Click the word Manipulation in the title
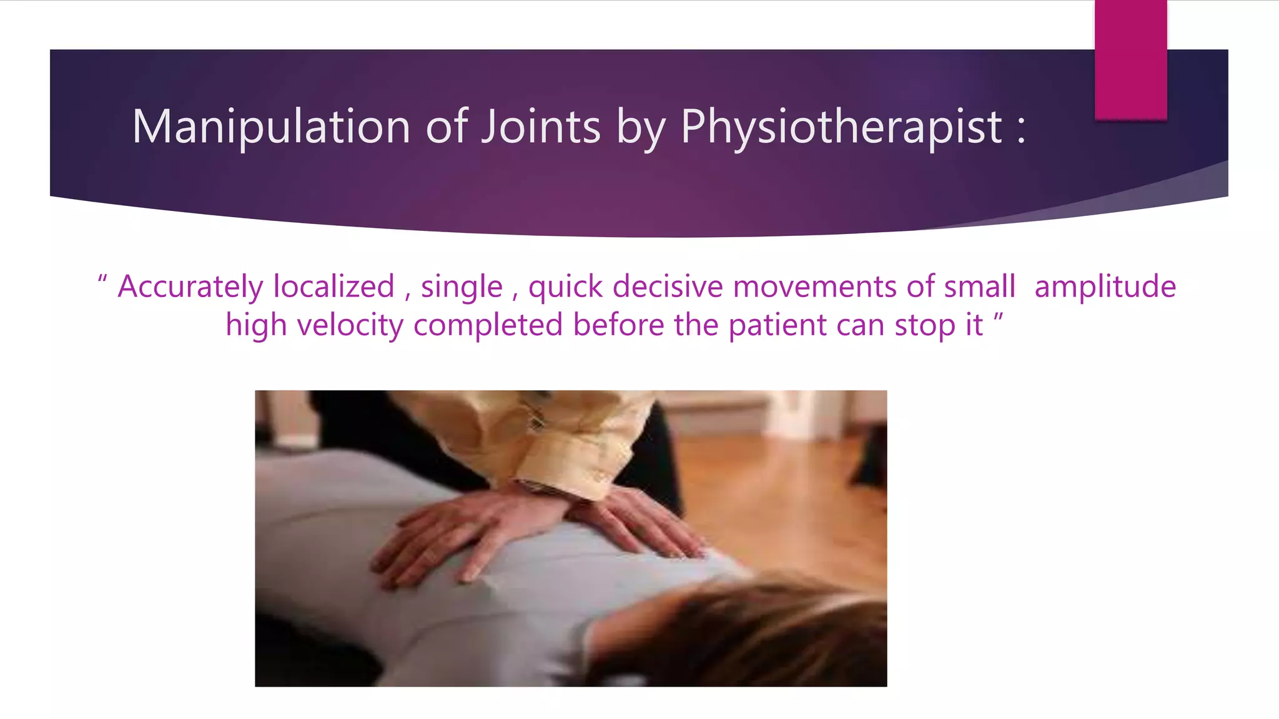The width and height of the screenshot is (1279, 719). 271,127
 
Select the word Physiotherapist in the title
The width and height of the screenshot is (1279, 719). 841,127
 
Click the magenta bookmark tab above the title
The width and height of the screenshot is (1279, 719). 1130,59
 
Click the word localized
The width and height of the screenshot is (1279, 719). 334,287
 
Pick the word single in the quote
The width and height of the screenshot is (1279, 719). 462,287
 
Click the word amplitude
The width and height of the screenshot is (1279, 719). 1105,287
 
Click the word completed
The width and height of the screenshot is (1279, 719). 488,326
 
